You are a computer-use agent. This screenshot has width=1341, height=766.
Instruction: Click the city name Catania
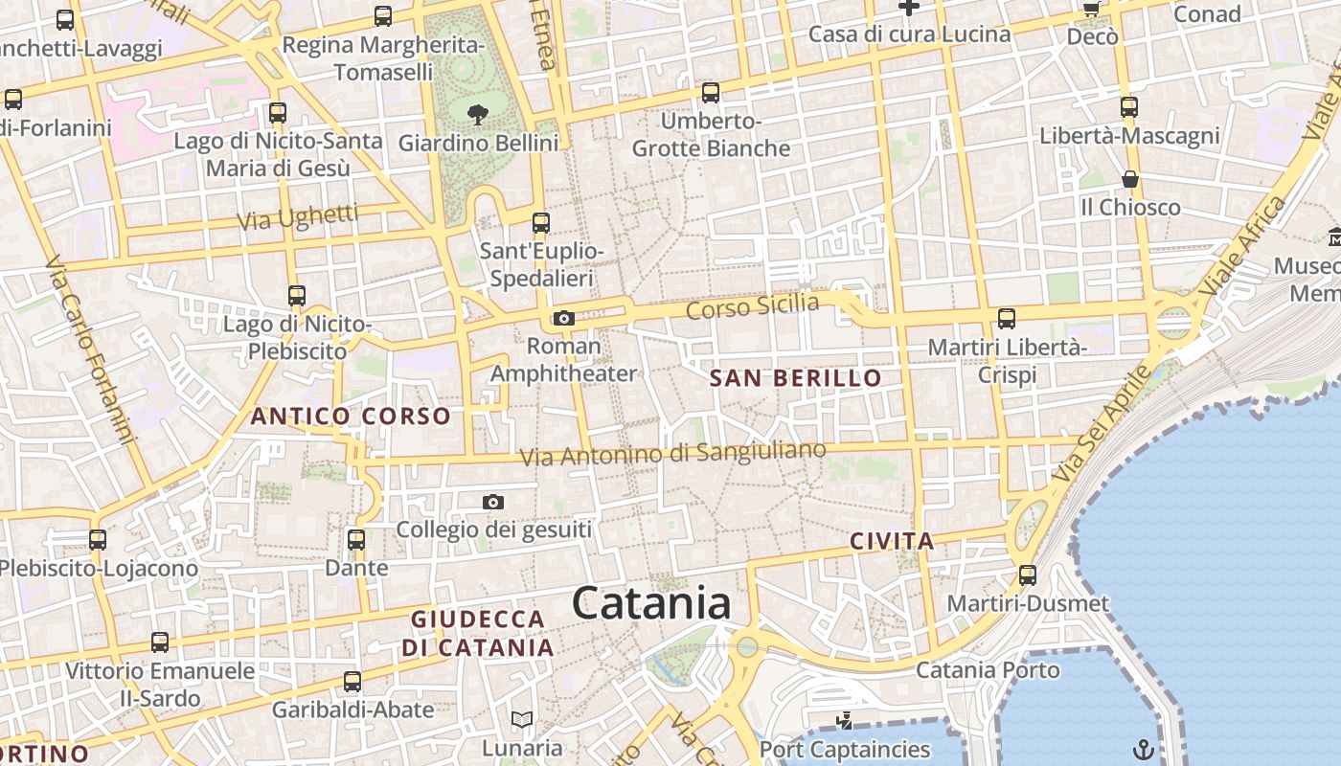click(651, 603)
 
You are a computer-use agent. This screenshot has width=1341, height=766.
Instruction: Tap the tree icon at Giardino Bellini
click(477, 115)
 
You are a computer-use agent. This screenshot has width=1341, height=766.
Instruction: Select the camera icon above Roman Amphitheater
click(563, 318)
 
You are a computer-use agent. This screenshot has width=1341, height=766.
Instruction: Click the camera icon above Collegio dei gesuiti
click(493, 502)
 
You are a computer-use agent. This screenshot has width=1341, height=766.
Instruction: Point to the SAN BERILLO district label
click(795, 378)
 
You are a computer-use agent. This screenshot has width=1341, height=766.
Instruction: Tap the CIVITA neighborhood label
click(892, 541)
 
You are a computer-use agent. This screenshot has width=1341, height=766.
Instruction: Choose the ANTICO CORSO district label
click(350, 417)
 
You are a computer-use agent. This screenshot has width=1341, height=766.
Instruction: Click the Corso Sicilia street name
click(753, 308)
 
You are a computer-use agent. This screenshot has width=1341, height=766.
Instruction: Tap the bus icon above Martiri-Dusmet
click(1028, 574)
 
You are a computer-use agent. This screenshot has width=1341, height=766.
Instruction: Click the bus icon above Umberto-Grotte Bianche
click(711, 93)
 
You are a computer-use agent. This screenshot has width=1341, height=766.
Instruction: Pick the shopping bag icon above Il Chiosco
click(1130, 179)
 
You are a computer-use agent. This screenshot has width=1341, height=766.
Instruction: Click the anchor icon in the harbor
click(1143, 748)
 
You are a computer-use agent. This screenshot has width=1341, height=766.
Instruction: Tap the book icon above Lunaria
click(522, 719)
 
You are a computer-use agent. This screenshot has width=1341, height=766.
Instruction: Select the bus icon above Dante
click(356, 539)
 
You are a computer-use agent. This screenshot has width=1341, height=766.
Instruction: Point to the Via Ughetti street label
click(297, 217)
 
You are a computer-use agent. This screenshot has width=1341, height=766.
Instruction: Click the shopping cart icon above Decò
click(1091, 9)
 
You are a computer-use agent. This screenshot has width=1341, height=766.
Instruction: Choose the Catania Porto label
click(988, 669)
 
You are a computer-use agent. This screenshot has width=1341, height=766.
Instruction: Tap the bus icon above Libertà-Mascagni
click(1129, 106)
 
